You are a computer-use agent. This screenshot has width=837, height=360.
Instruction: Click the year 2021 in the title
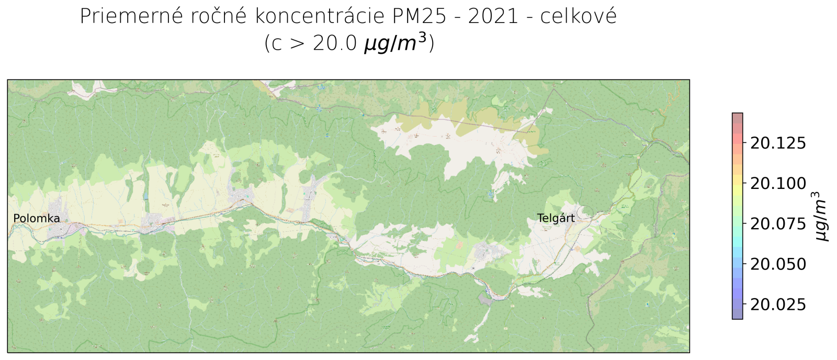[494, 17]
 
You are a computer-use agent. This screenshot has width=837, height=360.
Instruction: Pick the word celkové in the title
[579, 17]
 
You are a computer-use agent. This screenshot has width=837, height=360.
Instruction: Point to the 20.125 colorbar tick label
[778, 143]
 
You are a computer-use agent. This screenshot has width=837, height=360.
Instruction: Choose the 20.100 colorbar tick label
[778, 183]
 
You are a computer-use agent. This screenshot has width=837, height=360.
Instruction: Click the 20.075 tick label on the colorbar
[778, 224]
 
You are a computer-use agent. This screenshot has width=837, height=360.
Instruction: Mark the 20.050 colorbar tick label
[778, 264]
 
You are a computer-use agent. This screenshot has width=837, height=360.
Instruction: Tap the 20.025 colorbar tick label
[778, 305]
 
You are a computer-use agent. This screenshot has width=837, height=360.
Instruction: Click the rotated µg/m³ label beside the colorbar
[822, 216]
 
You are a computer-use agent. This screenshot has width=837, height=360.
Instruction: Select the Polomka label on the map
[37, 219]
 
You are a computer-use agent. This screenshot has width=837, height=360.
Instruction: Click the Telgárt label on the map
[556, 218]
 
